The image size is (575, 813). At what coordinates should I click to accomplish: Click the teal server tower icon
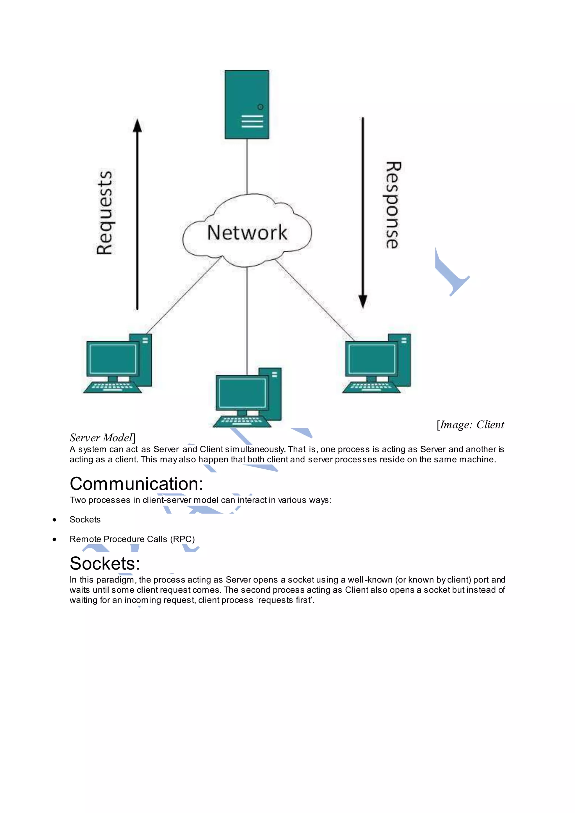(247, 104)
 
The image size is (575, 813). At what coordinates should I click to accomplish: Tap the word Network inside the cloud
(247, 233)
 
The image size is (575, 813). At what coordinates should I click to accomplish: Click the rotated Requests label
(104, 213)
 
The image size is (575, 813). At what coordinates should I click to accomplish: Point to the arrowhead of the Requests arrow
(137, 125)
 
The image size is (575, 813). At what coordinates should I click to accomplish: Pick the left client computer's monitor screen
(113, 358)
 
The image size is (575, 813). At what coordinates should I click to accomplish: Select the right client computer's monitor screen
(372, 358)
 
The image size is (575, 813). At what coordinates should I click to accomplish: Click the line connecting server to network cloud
(247, 166)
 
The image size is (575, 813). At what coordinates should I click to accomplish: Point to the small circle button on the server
(260, 107)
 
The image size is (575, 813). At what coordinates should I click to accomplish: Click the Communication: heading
(136, 484)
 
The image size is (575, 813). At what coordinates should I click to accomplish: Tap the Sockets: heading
(105, 563)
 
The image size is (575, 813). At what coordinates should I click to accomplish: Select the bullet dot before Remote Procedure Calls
(54, 539)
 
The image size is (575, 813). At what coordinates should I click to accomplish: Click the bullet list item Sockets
(85, 519)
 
